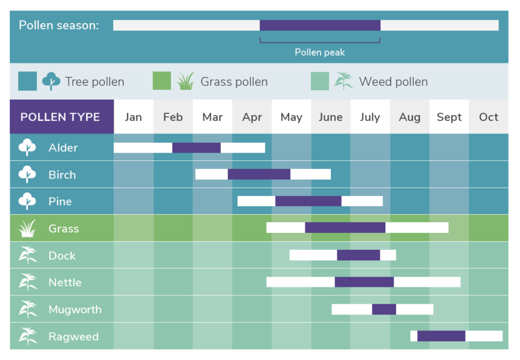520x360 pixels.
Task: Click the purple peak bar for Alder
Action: point(197,148)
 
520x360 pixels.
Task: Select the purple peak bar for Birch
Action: point(259,174)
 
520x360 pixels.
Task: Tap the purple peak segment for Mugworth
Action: point(384,309)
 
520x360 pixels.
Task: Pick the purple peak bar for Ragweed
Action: point(441,336)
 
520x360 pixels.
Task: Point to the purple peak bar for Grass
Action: point(345,227)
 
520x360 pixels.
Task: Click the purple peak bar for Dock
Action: point(359,255)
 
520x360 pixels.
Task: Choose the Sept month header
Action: point(449,117)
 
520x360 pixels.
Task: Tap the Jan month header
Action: point(133,117)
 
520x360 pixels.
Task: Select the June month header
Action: point(331,117)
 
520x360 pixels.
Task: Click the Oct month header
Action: point(489,117)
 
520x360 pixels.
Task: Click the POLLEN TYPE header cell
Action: point(62,117)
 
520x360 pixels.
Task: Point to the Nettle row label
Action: point(65,283)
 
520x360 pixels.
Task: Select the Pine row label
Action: point(60,201)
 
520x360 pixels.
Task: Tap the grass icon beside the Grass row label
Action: point(27,228)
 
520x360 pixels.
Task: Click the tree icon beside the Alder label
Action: point(27,147)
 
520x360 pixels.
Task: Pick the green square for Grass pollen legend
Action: point(162,81)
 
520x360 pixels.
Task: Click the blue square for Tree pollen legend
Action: point(28,81)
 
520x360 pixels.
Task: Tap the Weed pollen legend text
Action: point(393,82)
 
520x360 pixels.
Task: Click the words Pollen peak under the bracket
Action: point(320,53)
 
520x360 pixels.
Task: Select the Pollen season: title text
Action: point(59,25)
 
